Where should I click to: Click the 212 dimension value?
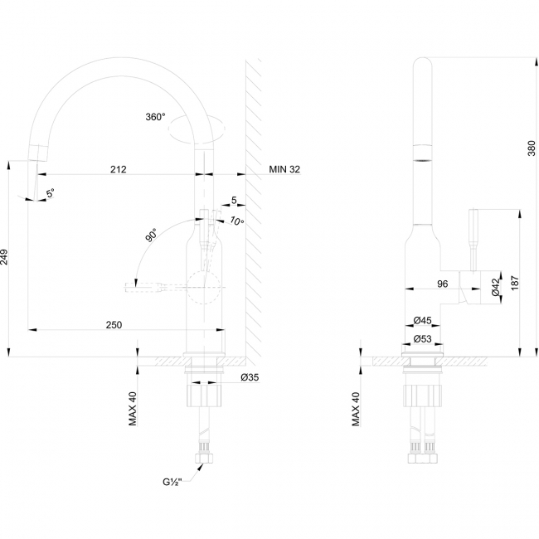pyautogui.click(x=119, y=169)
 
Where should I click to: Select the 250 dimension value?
pyautogui.click(x=114, y=325)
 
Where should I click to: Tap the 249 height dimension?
pyautogui.click(x=4, y=257)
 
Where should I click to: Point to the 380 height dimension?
pyautogui.click(x=532, y=148)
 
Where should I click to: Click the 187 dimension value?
pyautogui.click(x=515, y=283)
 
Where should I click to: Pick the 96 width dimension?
pyautogui.click(x=443, y=284)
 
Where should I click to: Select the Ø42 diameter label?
pyautogui.click(x=495, y=287)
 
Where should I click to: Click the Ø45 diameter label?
pyautogui.click(x=422, y=320)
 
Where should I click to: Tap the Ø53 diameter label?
pyautogui.click(x=422, y=339)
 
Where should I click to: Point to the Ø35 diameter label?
pyautogui.click(x=250, y=377)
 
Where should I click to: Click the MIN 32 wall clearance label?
pyautogui.click(x=284, y=169)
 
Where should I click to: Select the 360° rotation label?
pyautogui.click(x=155, y=117)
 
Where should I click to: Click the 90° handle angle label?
pyautogui.click(x=151, y=235)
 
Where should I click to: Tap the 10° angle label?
pyautogui.click(x=237, y=221)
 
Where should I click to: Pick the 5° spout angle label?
pyautogui.click(x=51, y=193)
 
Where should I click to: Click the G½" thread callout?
pyautogui.click(x=172, y=483)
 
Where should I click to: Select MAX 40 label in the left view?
pyautogui.click(x=133, y=409)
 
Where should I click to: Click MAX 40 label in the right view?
pyautogui.click(x=356, y=409)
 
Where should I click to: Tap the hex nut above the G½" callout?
pyautogui.click(x=204, y=459)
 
